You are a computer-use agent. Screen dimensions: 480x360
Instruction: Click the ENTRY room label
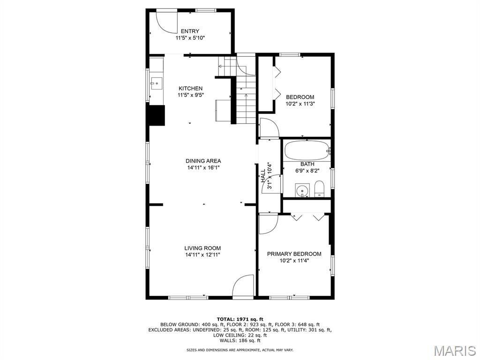(190, 31)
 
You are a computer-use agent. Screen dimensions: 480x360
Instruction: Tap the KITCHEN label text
(190, 89)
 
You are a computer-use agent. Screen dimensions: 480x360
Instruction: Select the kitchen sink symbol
(156, 83)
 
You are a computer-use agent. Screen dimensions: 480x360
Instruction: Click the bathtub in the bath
(307, 150)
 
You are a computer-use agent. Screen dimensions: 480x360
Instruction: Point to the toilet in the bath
(319, 189)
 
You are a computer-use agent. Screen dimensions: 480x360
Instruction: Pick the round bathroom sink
(302, 191)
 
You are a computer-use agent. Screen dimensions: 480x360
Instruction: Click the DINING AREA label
(203, 161)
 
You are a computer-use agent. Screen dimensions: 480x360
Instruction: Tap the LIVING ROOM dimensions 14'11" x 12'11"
(202, 255)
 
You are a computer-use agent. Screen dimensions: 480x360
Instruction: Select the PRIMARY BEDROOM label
(294, 254)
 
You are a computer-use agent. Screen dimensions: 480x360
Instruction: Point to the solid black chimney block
(157, 115)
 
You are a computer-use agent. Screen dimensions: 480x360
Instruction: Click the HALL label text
(263, 176)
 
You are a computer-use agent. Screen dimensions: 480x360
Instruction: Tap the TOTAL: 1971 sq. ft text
(240, 319)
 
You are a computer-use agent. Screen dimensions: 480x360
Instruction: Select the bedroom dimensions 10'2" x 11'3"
(300, 104)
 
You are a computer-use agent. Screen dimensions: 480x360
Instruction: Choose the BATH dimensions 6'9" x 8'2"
(307, 171)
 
